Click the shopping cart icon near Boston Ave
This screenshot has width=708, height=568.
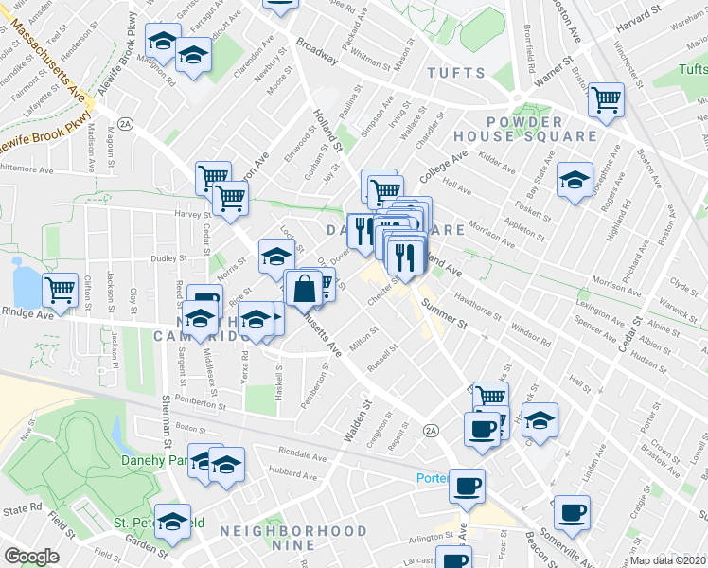[x=606, y=98]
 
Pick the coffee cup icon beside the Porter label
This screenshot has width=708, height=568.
[x=467, y=487]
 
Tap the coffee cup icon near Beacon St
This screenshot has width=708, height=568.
[x=572, y=512]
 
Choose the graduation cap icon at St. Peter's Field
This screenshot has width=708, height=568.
[x=172, y=521]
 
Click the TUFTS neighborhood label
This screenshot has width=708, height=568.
[x=455, y=73]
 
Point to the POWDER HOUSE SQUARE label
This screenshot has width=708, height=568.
[x=541, y=129]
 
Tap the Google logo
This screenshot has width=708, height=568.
[x=32, y=556]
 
